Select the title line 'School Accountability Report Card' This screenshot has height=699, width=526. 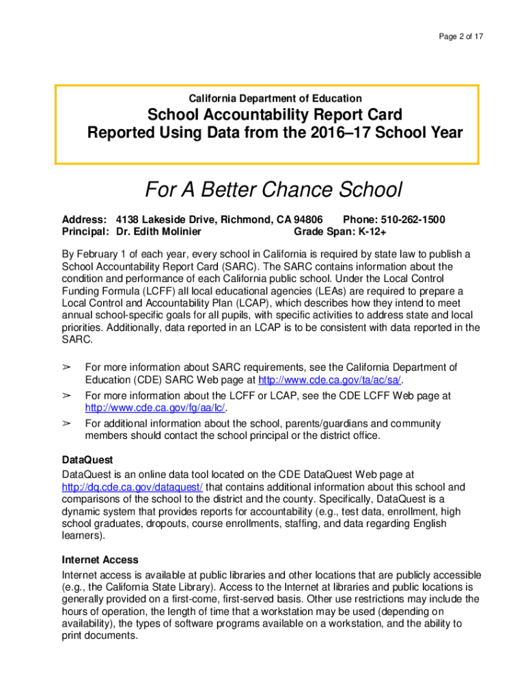coord(275,115)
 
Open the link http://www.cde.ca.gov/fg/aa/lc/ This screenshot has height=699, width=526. coord(154,408)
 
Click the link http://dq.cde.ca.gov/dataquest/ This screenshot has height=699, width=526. coord(132,487)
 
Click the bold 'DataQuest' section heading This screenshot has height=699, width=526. coord(87,460)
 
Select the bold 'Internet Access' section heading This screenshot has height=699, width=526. coord(100,560)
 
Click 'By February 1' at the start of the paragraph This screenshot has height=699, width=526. coord(94,254)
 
